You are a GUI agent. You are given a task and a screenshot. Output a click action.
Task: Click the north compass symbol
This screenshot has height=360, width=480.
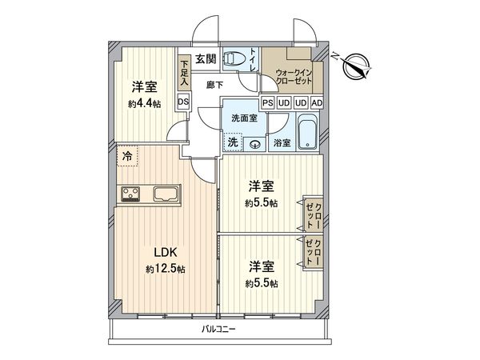pos(355,67)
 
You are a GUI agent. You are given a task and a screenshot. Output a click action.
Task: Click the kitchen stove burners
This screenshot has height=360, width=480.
pos(130,193)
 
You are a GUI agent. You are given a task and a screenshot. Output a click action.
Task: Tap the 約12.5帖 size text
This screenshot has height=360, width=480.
pos(166,270)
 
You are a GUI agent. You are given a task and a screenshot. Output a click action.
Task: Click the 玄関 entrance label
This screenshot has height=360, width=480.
pos(205,58)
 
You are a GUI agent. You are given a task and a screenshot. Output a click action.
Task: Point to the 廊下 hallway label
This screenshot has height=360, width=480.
pos(214,83)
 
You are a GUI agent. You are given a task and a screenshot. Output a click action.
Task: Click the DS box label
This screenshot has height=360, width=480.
pos(183,102)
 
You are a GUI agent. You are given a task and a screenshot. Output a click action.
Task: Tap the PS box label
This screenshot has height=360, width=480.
pos(269,103)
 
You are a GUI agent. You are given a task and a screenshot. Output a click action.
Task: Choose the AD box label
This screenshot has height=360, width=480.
pos(317,103)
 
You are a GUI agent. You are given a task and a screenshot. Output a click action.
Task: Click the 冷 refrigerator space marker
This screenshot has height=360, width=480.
pos(126,156)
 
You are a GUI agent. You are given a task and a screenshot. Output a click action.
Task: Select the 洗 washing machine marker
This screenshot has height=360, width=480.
pos(232,142)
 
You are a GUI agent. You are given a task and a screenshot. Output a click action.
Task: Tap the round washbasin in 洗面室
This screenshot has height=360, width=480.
pos(254,145)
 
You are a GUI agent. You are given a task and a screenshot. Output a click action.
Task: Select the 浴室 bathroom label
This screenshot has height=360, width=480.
pos(282,143)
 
